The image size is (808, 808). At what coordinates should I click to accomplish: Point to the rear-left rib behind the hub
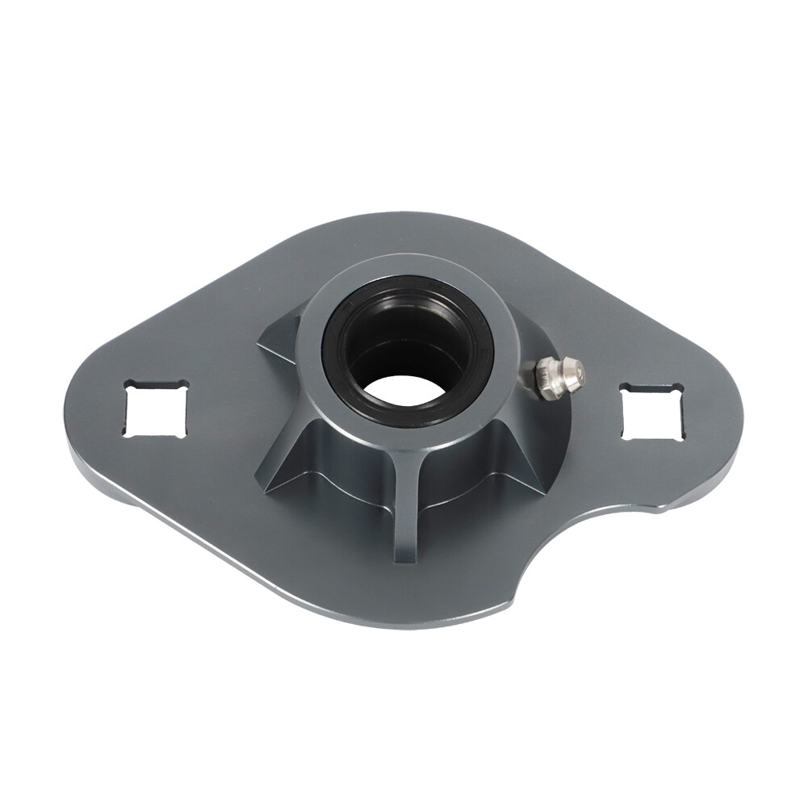click(278, 339)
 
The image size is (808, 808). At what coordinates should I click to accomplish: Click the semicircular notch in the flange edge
click(565, 557)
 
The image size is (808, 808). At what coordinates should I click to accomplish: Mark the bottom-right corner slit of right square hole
click(680, 437)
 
